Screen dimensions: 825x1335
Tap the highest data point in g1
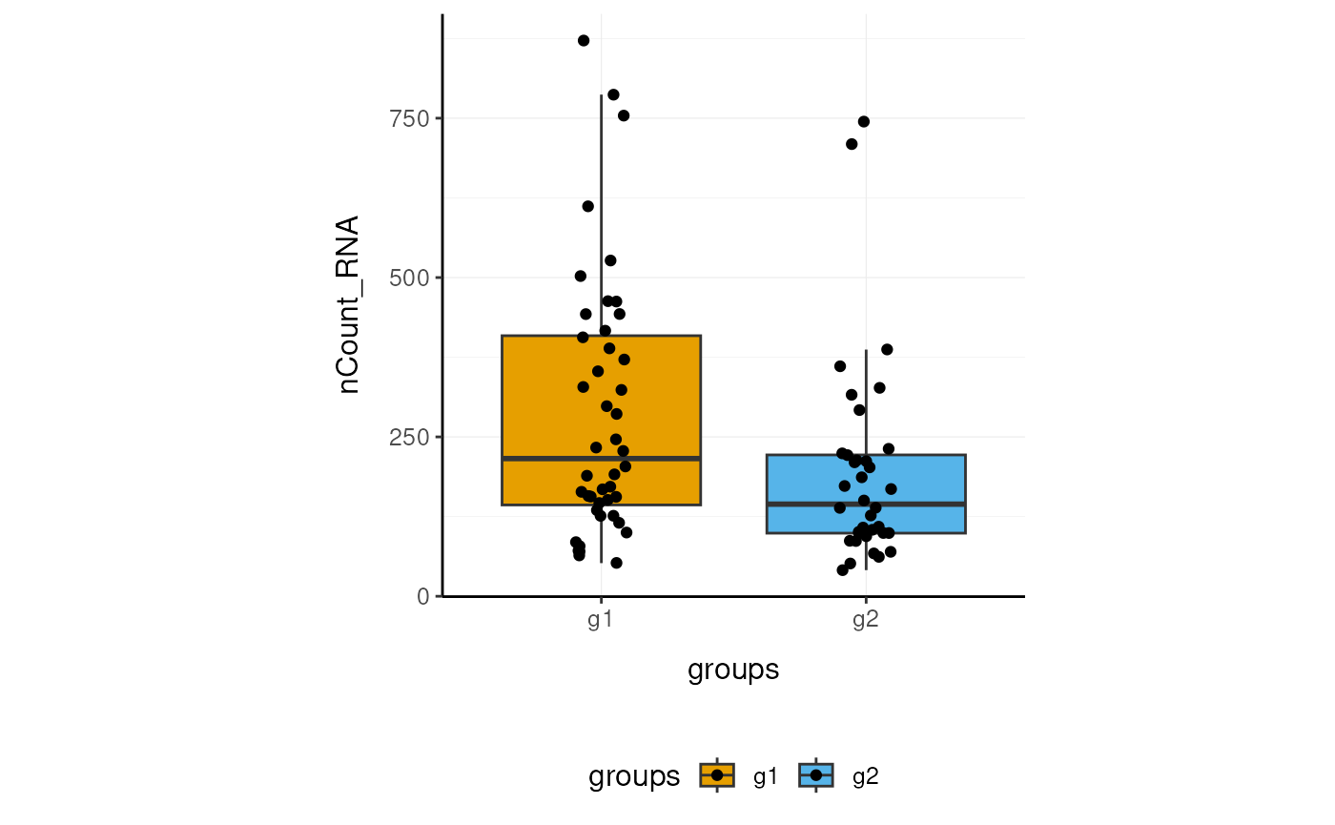click(584, 41)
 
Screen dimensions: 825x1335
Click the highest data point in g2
click(864, 121)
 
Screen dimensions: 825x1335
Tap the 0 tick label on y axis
click(424, 596)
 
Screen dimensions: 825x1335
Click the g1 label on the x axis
click(600, 621)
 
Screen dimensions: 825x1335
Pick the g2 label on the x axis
click(865, 621)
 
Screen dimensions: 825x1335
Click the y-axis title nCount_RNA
click(349, 305)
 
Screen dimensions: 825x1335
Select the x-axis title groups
click(733, 670)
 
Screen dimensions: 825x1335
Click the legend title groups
click(634, 777)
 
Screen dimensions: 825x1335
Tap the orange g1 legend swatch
click(717, 775)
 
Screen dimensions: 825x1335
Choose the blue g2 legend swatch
click(816, 775)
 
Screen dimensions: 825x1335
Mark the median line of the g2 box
click(925, 504)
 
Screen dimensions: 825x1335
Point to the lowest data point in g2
click(843, 570)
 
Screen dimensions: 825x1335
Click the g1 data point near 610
click(588, 206)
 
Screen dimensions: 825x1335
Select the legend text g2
click(865, 777)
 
